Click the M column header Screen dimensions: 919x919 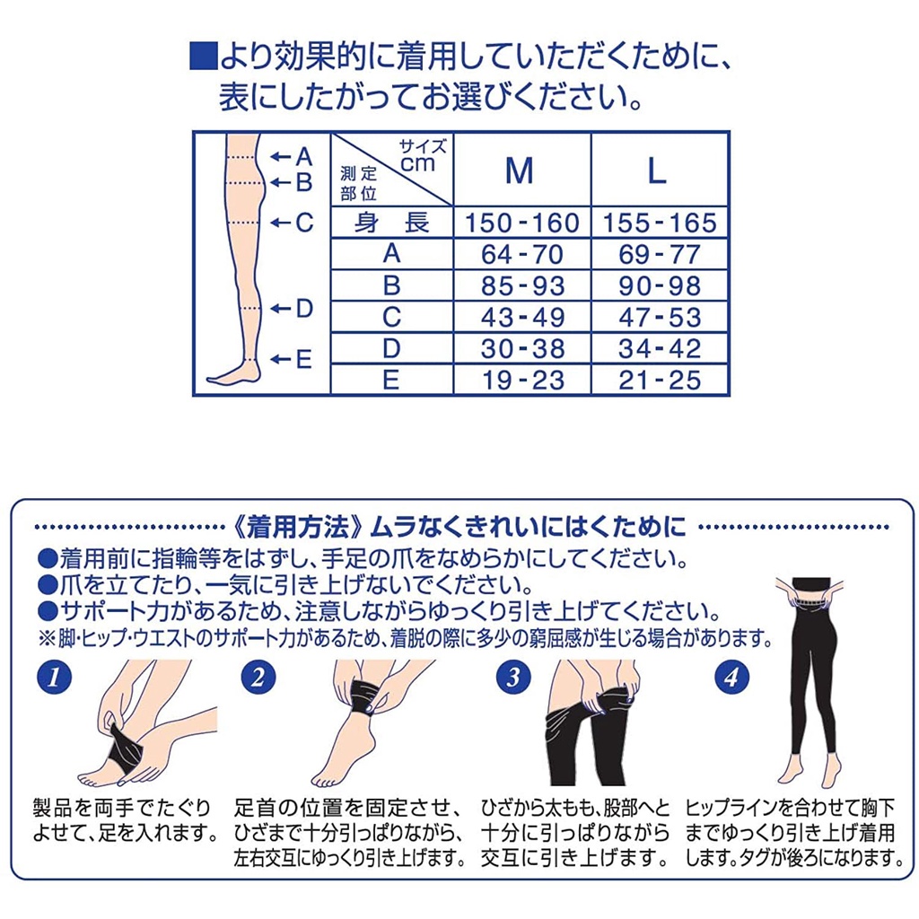520,171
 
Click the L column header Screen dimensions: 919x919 657,171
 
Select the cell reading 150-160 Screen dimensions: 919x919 522,223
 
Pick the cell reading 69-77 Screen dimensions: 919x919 660,254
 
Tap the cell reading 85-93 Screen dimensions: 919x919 522,286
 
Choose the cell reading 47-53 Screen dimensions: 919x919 660,318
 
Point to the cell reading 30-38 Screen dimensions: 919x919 522,349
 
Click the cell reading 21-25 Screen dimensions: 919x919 660,381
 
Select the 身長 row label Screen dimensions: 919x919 391,223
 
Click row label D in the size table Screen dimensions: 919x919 391,349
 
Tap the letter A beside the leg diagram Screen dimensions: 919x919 304,156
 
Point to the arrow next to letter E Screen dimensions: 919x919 281,359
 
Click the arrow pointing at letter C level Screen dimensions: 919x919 281,223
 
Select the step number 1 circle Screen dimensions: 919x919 54,678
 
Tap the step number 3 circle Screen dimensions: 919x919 512,678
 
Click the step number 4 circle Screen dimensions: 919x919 731,678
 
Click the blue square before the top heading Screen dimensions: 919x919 204,57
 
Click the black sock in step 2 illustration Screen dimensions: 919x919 363,698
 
